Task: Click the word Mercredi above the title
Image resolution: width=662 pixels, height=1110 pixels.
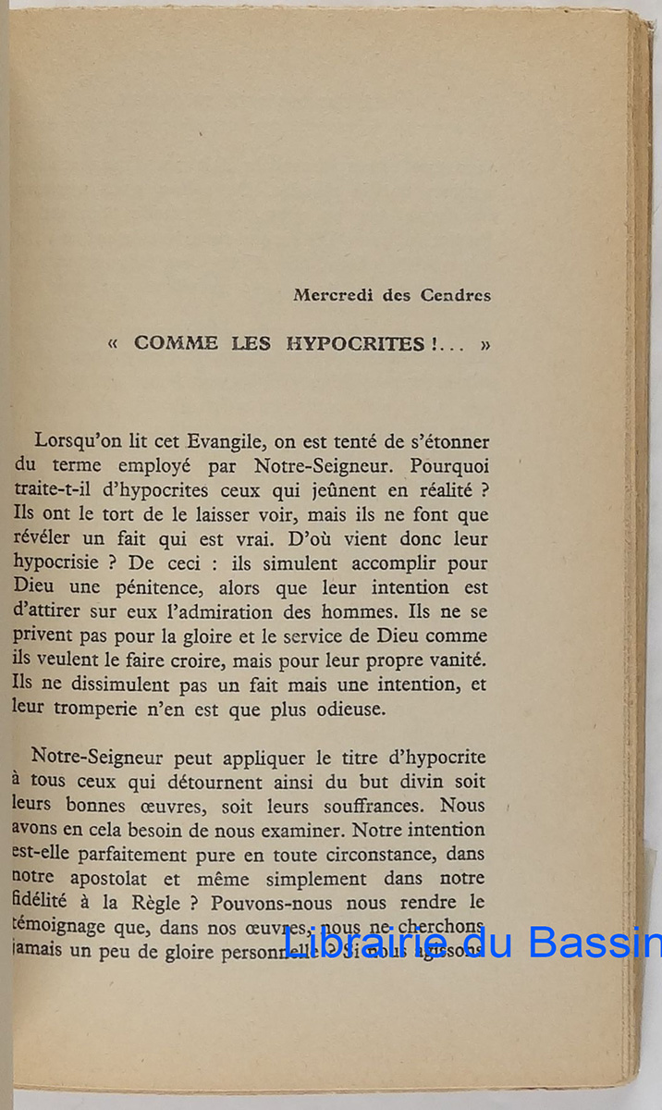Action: point(328,296)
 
